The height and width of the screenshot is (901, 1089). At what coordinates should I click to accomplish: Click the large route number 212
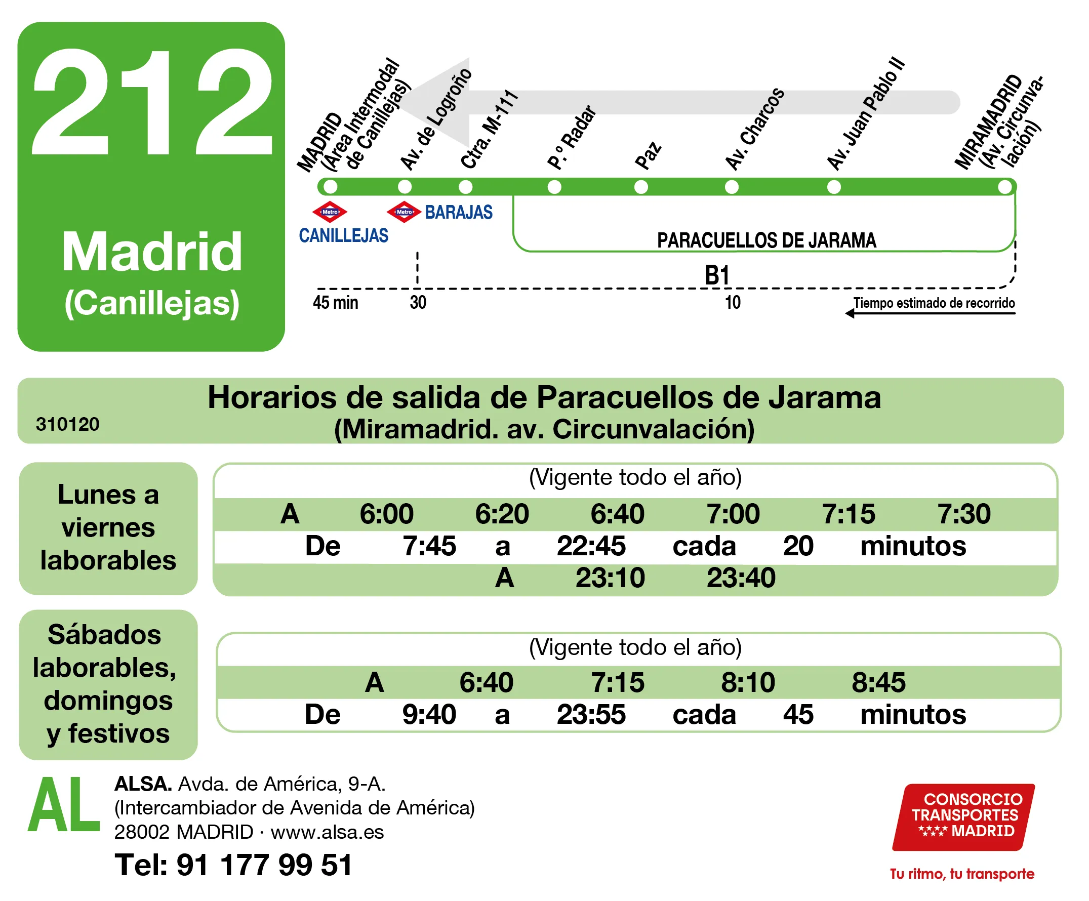(152, 102)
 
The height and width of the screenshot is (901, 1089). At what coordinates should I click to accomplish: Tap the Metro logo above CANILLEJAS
(330, 212)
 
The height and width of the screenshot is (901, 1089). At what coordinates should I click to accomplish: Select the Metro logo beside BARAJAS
(404, 212)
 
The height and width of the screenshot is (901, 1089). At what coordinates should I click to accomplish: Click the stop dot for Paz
(641, 187)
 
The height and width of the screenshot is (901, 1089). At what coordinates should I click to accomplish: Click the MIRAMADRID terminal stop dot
(1005, 187)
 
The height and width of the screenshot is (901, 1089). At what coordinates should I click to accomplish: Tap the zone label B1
(717, 275)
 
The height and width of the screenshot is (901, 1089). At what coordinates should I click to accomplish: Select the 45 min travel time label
(336, 302)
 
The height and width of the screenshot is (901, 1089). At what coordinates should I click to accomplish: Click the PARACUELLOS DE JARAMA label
(767, 240)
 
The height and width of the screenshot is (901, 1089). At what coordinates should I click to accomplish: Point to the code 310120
(67, 424)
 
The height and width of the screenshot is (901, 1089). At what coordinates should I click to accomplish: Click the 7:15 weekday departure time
(849, 514)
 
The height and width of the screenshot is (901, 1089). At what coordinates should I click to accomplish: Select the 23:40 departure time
(741, 578)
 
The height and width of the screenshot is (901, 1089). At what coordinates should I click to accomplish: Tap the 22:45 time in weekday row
(591, 546)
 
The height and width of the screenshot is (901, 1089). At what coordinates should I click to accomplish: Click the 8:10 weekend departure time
(748, 682)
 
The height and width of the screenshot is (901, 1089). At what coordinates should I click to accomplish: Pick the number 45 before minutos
(798, 714)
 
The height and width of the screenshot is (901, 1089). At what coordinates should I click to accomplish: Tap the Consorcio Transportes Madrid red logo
(963, 816)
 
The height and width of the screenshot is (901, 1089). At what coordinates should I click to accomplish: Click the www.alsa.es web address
(327, 832)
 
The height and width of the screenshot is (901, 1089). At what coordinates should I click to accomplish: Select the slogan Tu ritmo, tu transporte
(962, 874)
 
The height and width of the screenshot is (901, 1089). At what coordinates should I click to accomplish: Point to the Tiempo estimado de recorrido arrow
(931, 313)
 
